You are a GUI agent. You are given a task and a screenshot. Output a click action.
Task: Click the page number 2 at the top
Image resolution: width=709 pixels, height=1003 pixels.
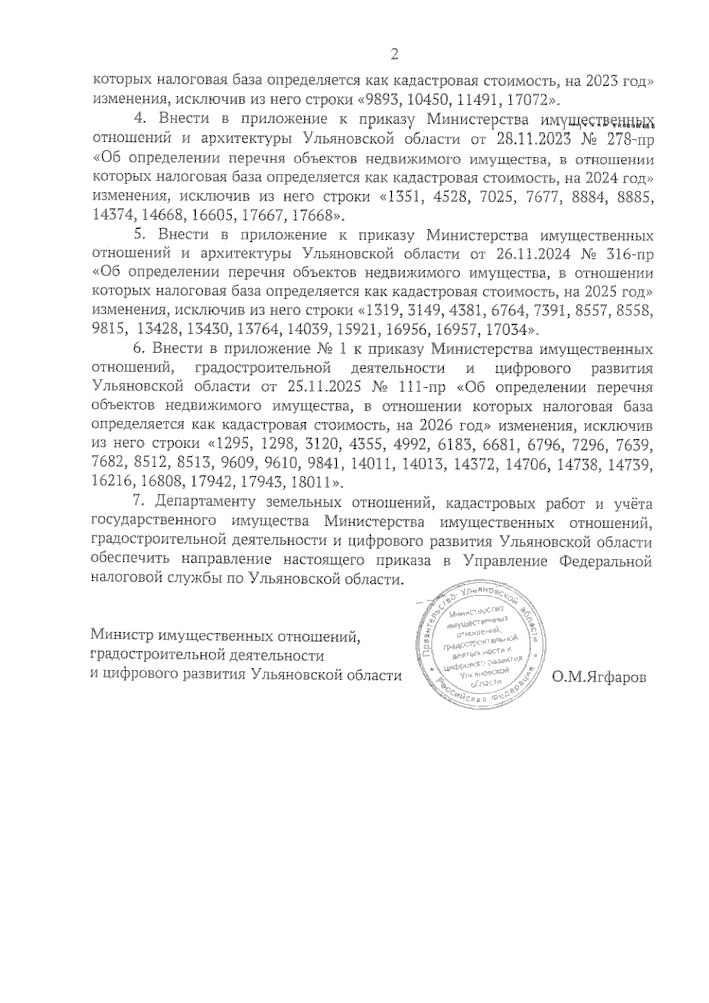tap(395, 55)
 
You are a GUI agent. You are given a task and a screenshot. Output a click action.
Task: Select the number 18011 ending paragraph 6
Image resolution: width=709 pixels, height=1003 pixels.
tap(315, 483)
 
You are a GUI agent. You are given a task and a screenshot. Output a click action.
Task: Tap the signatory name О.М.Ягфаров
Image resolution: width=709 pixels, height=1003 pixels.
tap(599, 677)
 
